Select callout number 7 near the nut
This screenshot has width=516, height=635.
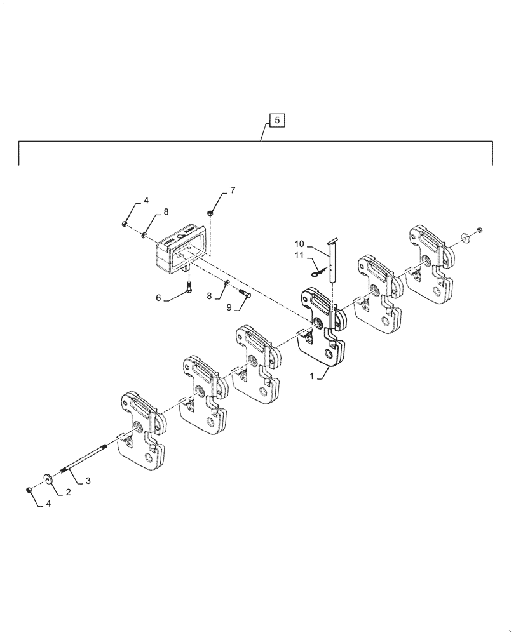click(233, 190)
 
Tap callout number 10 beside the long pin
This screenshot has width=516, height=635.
click(299, 244)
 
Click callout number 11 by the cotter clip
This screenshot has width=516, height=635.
click(299, 255)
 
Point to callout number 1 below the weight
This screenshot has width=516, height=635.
click(311, 376)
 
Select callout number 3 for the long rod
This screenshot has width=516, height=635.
click(88, 481)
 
